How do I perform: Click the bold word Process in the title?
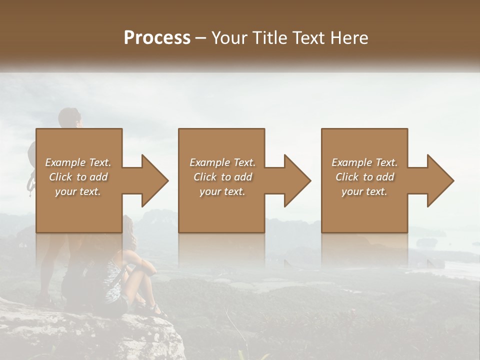(x=157, y=38)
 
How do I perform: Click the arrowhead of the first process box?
(x=155, y=180)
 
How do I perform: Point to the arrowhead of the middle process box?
(x=297, y=180)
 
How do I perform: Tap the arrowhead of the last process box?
(x=440, y=180)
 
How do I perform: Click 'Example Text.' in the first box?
(x=78, y=162)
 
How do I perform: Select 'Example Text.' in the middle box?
(x=222, y=162)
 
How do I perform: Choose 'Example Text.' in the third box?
(x=364, y=162)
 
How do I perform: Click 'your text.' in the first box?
(x=78, y=191)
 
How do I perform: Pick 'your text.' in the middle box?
(x=222, y=191)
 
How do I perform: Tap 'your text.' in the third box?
(x=364, y=191)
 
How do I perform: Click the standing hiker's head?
(x=68, y=118)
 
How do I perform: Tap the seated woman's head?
(x=127, y=228)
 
